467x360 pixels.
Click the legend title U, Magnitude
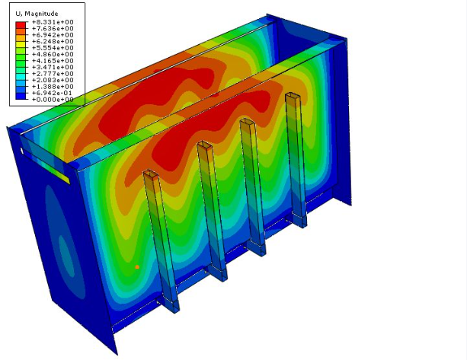(37, 14)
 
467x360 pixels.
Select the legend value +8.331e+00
(53, 22)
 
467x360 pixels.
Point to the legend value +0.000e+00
(53, 100)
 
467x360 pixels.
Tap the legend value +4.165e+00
(53, 61)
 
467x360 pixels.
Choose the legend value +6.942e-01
(52, 93)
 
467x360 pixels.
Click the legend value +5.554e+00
(53, 48)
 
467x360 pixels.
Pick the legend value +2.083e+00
(53, 80)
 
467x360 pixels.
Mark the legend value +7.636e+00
(53, 29)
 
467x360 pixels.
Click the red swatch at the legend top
(21, 25)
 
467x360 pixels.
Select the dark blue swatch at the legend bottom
(21, 96)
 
